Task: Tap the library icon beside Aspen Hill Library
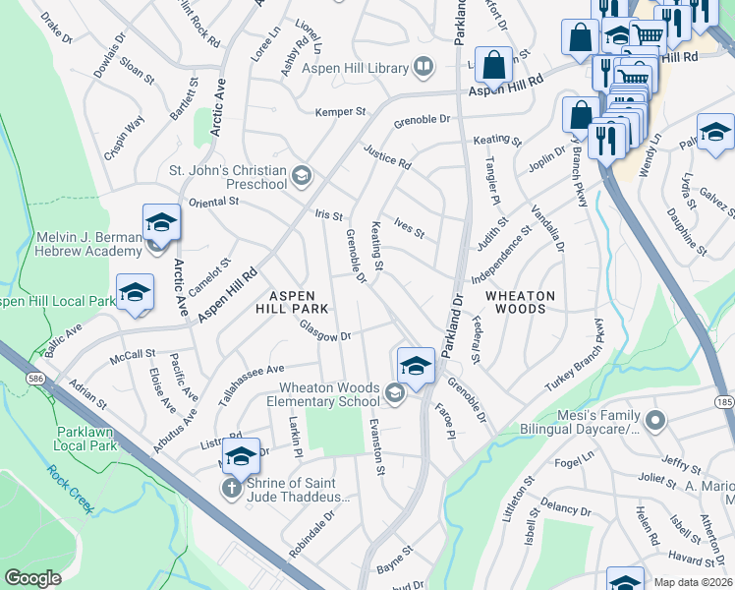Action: (x=424, y=67)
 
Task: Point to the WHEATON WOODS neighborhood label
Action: (x=520, y=302)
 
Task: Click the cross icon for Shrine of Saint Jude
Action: (x=231, y=488)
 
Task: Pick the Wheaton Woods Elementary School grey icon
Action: (x=394, y=394)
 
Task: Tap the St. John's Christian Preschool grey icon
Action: (x=301, y=178)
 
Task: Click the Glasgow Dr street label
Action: (x=325, y=332)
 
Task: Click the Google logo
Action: (x=32, y=578)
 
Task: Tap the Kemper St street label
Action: (x=340, y=112)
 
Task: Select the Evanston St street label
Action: (x=376, y=443)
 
